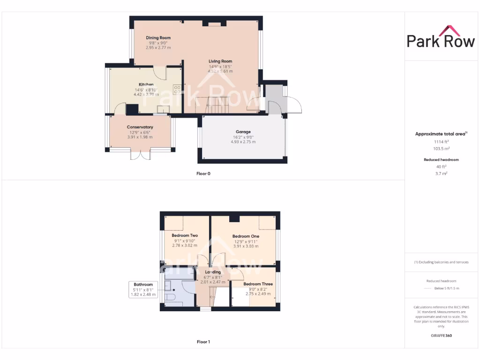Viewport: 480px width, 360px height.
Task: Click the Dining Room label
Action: pos(158,37)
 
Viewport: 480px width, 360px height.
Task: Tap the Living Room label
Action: pos(220,61)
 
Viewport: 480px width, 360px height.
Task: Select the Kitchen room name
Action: pos(146,84)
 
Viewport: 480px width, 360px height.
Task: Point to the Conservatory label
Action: pos(140,127)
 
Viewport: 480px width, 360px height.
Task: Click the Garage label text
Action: pos(243,132)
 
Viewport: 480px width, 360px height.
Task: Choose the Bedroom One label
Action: pos(246,236)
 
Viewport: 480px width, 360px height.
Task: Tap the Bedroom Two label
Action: pos(184,235)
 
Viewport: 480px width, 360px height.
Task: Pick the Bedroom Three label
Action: pos(258,284)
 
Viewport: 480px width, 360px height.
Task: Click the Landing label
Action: pos(213,272)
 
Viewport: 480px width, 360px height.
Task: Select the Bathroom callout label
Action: pos(143,285)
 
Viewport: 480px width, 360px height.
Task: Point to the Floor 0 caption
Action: pos(203,173)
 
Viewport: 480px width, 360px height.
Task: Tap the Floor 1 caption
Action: pos(203,342)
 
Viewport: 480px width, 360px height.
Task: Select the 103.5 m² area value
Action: pos(441,148)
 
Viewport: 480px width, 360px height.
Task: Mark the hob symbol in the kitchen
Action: pos(178,89)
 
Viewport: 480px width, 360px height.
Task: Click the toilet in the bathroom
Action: pos(170,297)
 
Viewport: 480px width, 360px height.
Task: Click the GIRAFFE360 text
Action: pos(441,336)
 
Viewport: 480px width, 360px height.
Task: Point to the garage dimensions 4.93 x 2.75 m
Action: pos(243,142)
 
